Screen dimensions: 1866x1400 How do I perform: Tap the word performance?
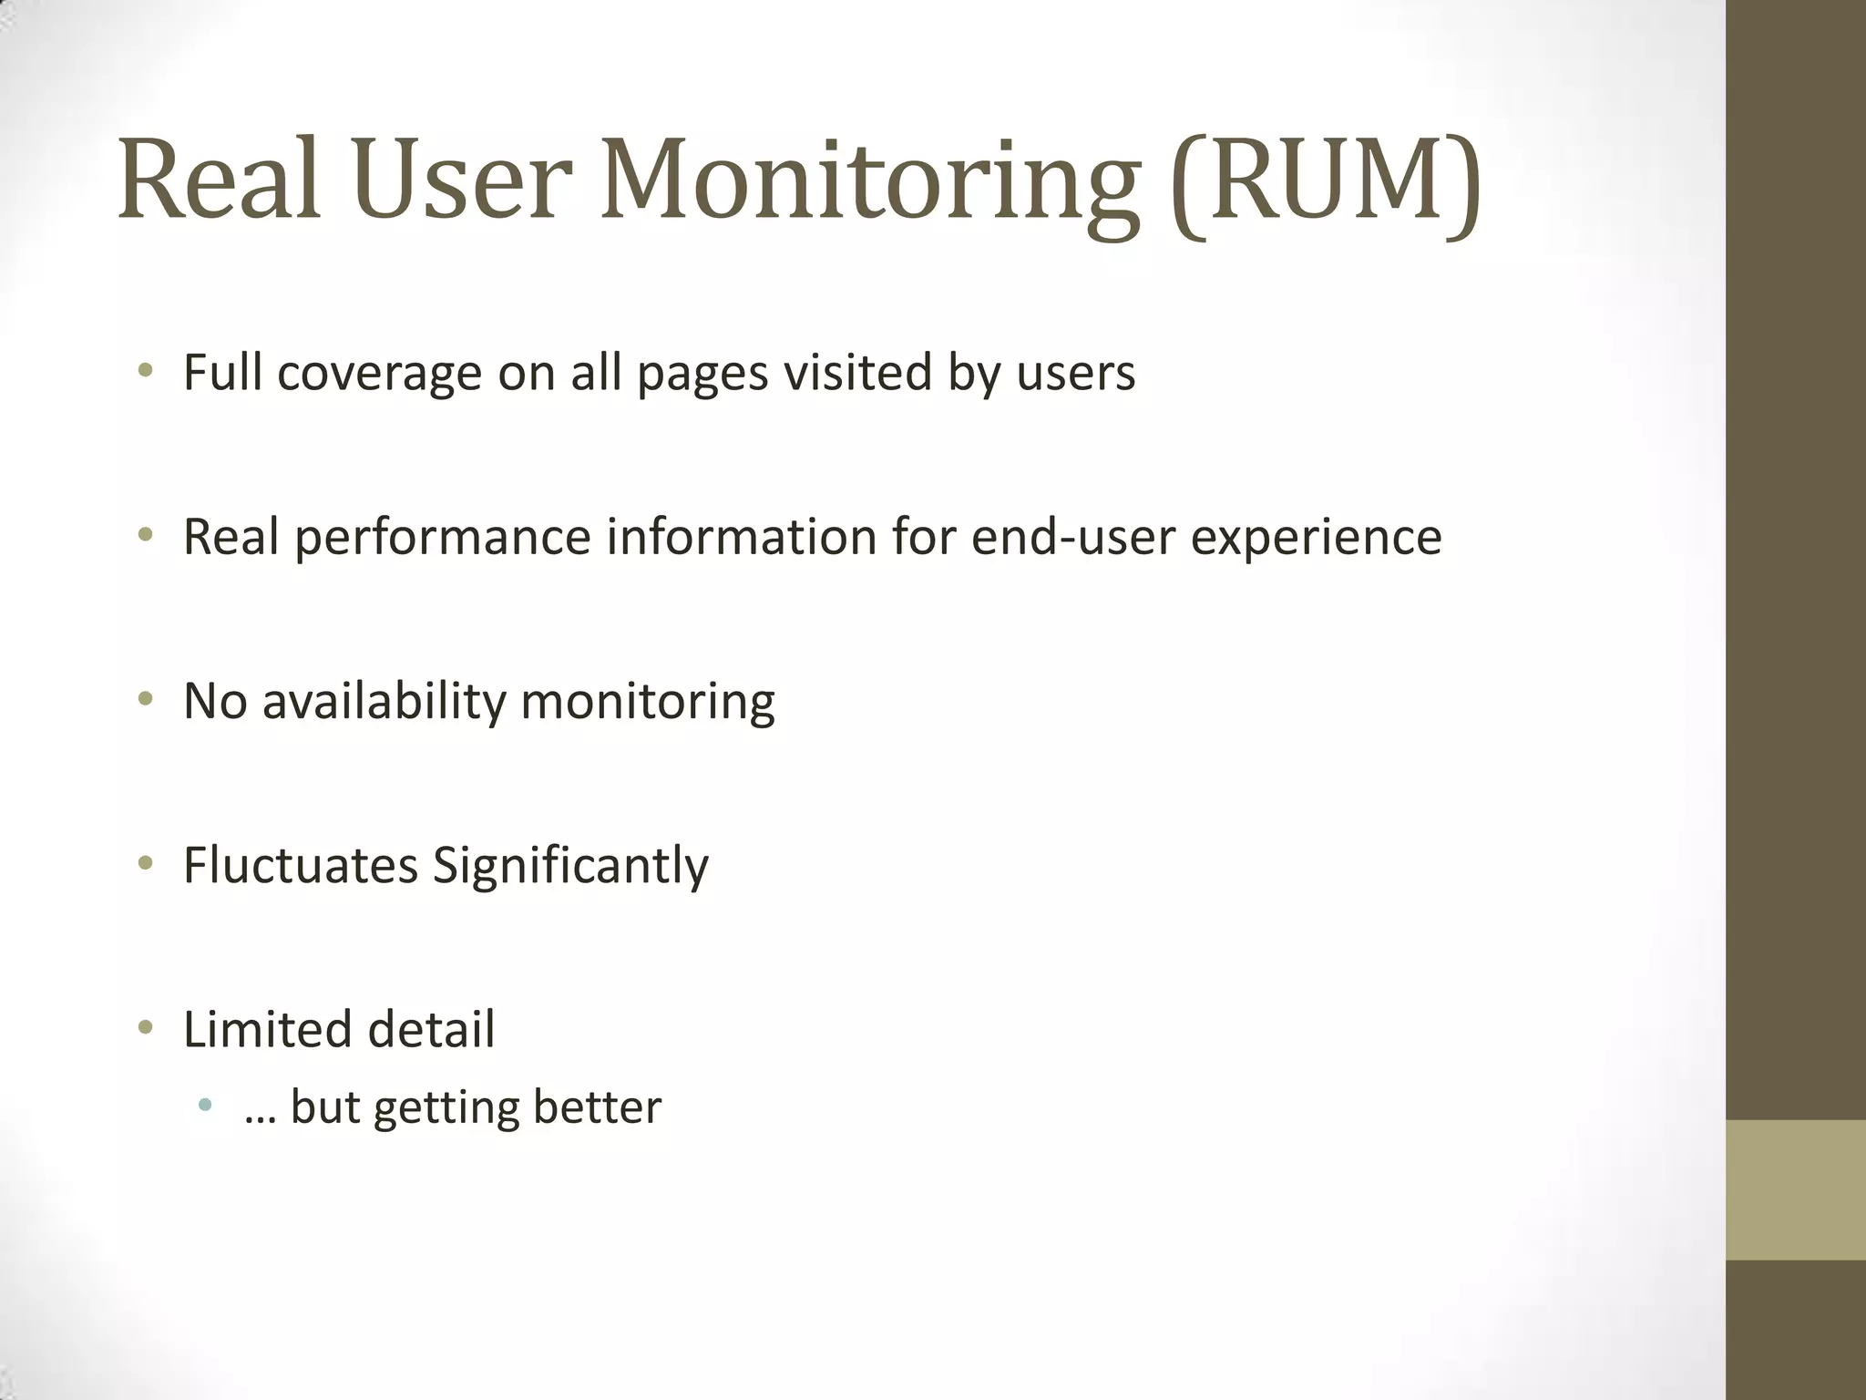point(443,537)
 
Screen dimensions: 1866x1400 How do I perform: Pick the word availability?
point(384,702)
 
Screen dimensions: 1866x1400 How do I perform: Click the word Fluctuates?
point(300,865)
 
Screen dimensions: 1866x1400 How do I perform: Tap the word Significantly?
point(569,867)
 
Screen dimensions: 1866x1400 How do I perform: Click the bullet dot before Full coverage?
point(144,371)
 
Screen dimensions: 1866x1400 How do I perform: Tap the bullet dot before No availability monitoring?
point(144,699)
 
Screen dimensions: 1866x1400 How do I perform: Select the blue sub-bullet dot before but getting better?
point(204,1106)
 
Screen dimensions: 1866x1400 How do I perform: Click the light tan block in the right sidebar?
point(1796,1189)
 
